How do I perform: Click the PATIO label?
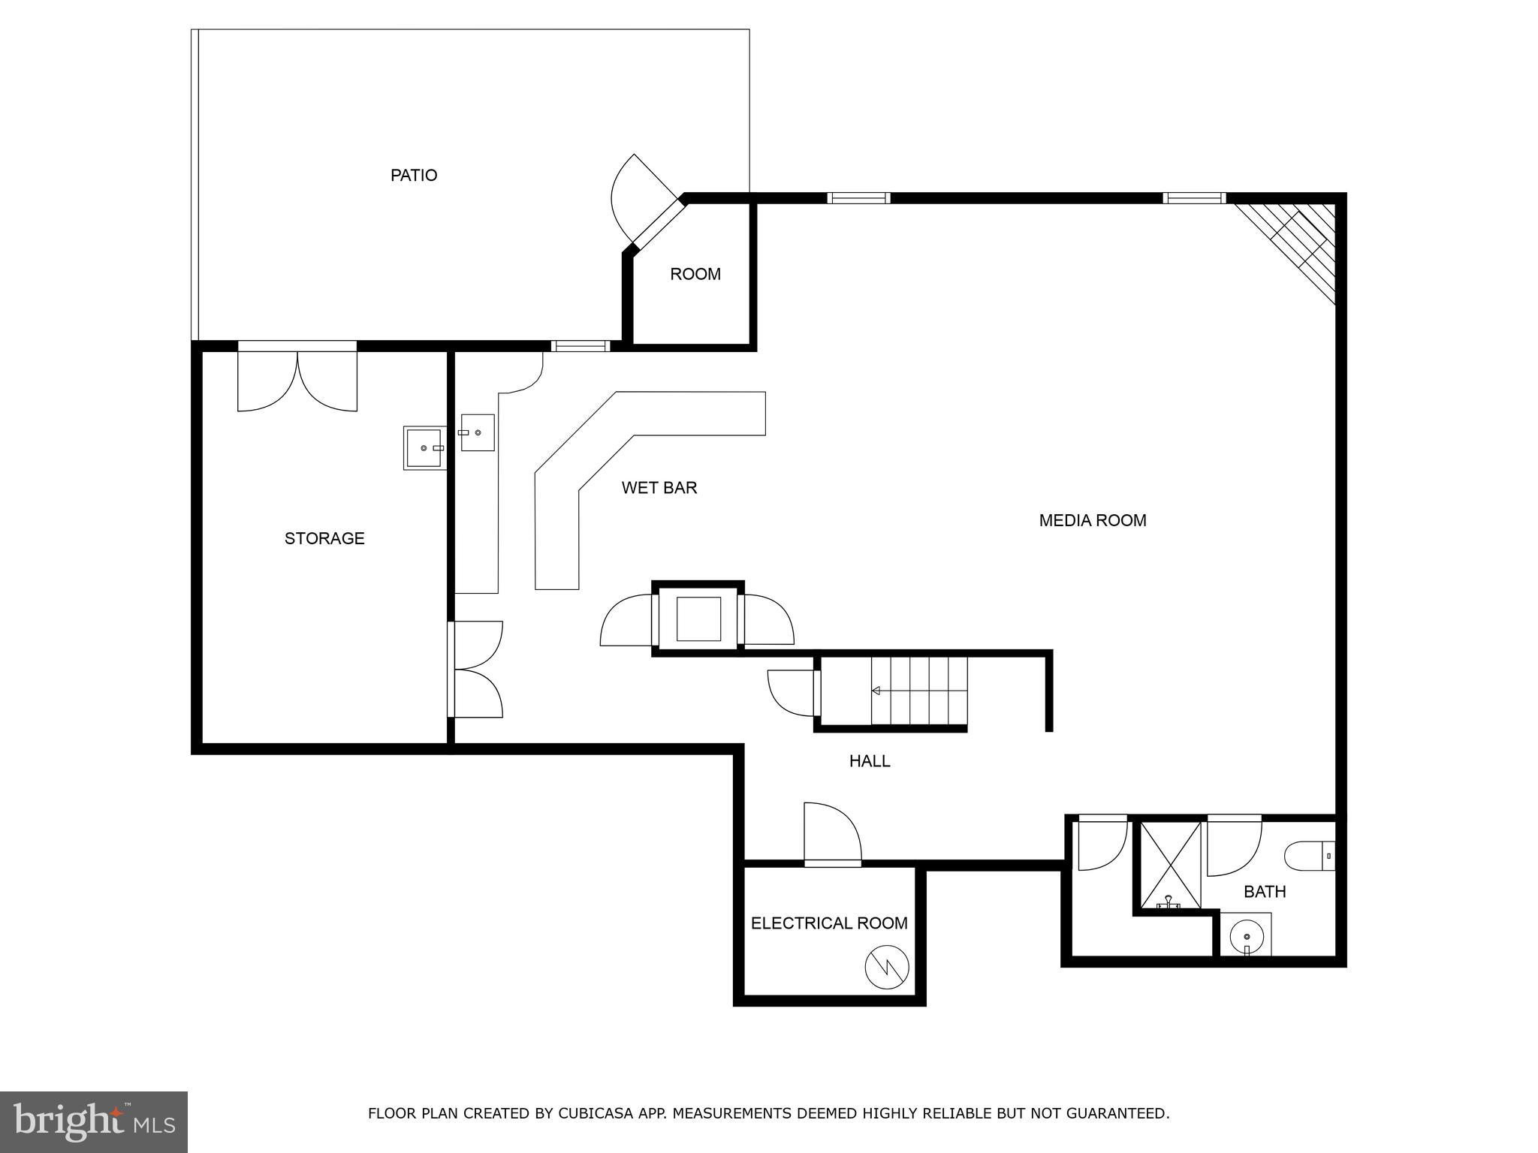click(x=413, y=175)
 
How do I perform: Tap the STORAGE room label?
click(x=324, y=538)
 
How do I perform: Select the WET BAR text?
click(x=659, y=488)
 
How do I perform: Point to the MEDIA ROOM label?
click(x=1092, y=520)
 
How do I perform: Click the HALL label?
click(x=869, y=761)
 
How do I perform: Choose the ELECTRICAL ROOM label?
click(x=829, y=923)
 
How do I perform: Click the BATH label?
click(x=1265, y=892)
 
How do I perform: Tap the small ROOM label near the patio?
click(x=695, y=275)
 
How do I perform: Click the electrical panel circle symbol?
click(x=887, y=968)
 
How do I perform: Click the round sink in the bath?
click(x=1247, y=936)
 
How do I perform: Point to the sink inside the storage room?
click(x=424, y=447)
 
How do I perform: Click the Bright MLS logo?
click(x=94, y=1121)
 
